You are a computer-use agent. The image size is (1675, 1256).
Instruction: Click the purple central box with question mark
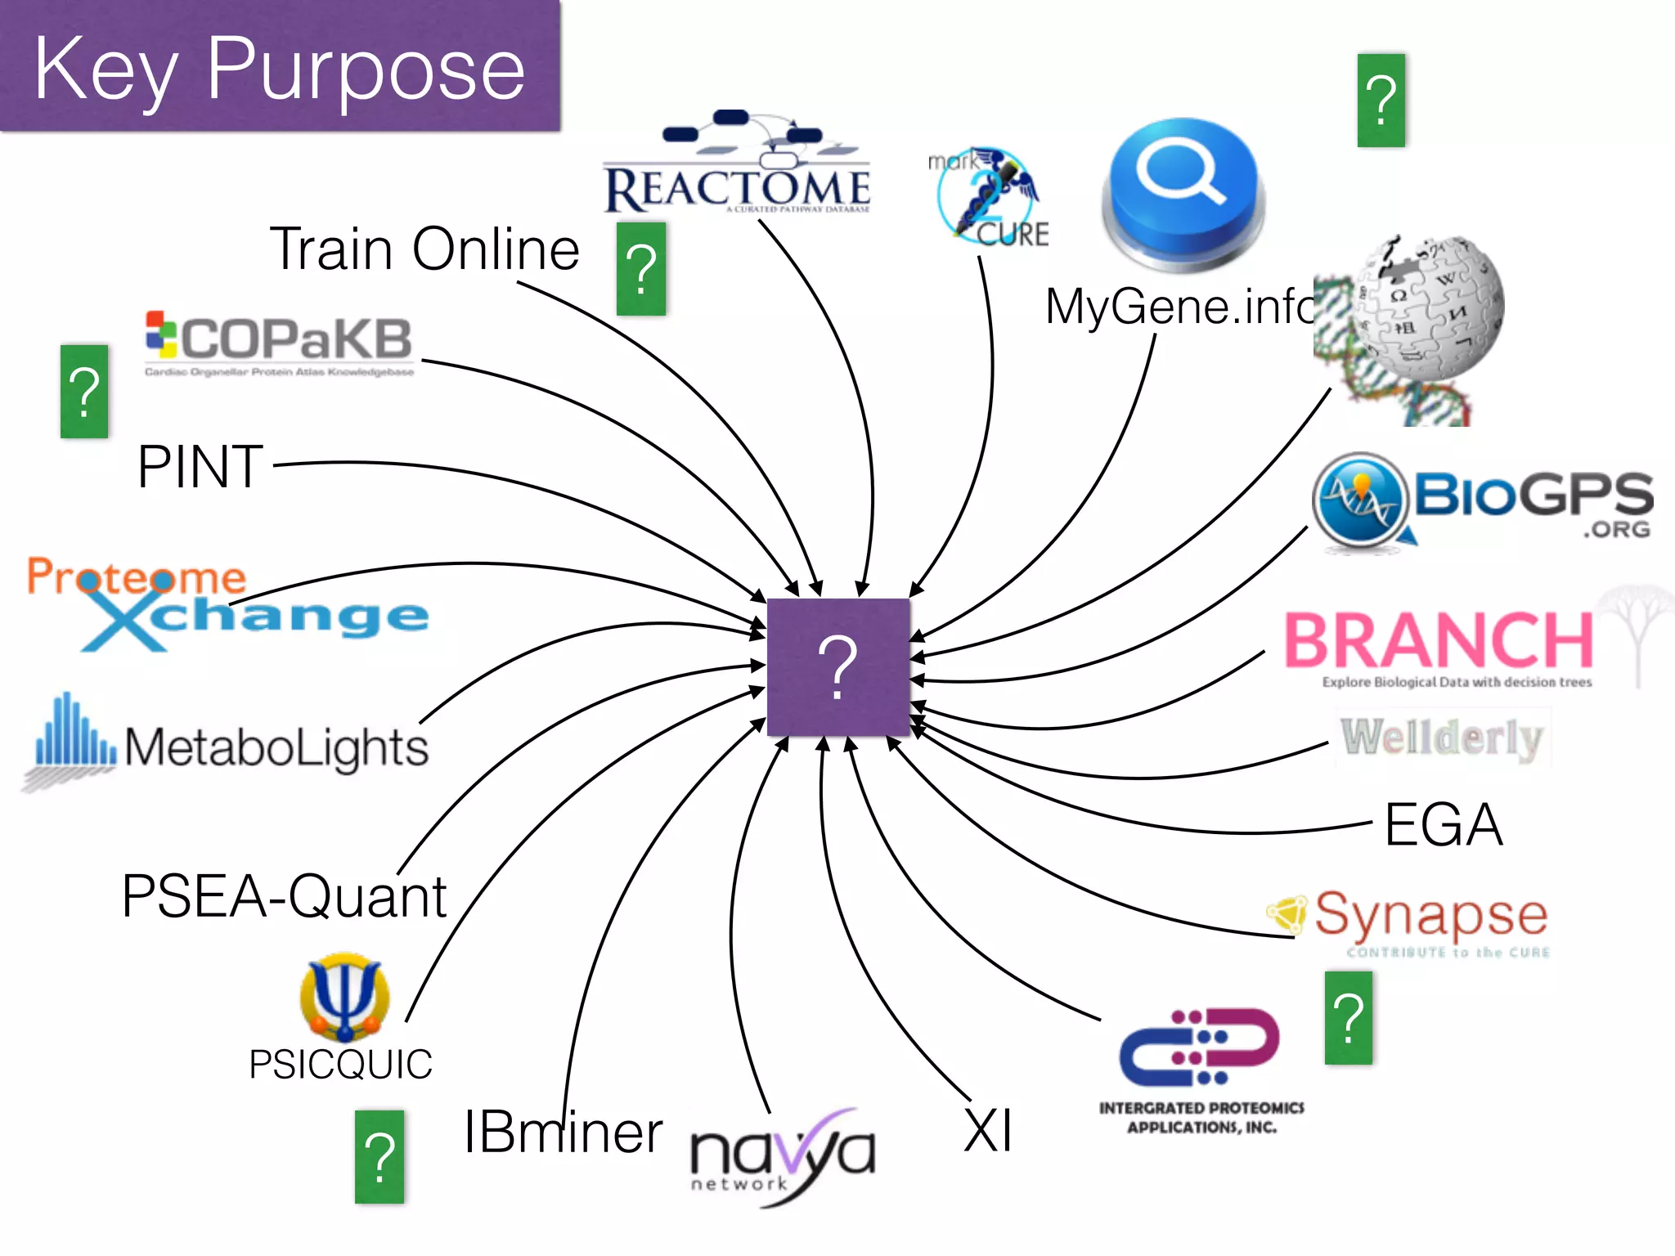tap(838, 666)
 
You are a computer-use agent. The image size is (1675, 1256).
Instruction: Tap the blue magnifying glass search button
tap(1182, 192)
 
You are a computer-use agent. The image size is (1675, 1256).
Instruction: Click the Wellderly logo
tap(1442, 738)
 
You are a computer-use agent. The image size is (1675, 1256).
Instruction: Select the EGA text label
tap(1444, 824)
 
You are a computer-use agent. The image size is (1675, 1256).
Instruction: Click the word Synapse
tap(1431, 914)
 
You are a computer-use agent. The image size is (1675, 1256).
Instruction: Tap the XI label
tap(988, 1131)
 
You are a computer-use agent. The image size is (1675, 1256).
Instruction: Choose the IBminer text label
tap(563, 1133)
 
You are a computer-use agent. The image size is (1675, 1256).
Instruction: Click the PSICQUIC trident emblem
tap(344, 996)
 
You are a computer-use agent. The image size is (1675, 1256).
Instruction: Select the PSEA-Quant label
tap(284, 897)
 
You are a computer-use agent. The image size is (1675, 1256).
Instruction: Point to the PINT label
tap(200, 467)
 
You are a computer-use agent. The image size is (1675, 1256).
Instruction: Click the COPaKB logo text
tap(294, 339)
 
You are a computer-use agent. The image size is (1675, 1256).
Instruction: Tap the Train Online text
tap(424, 249)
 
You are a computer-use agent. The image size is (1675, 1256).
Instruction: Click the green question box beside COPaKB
tap(84, 392)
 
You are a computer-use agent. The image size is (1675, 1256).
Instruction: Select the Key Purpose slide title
tap(279, 70)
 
